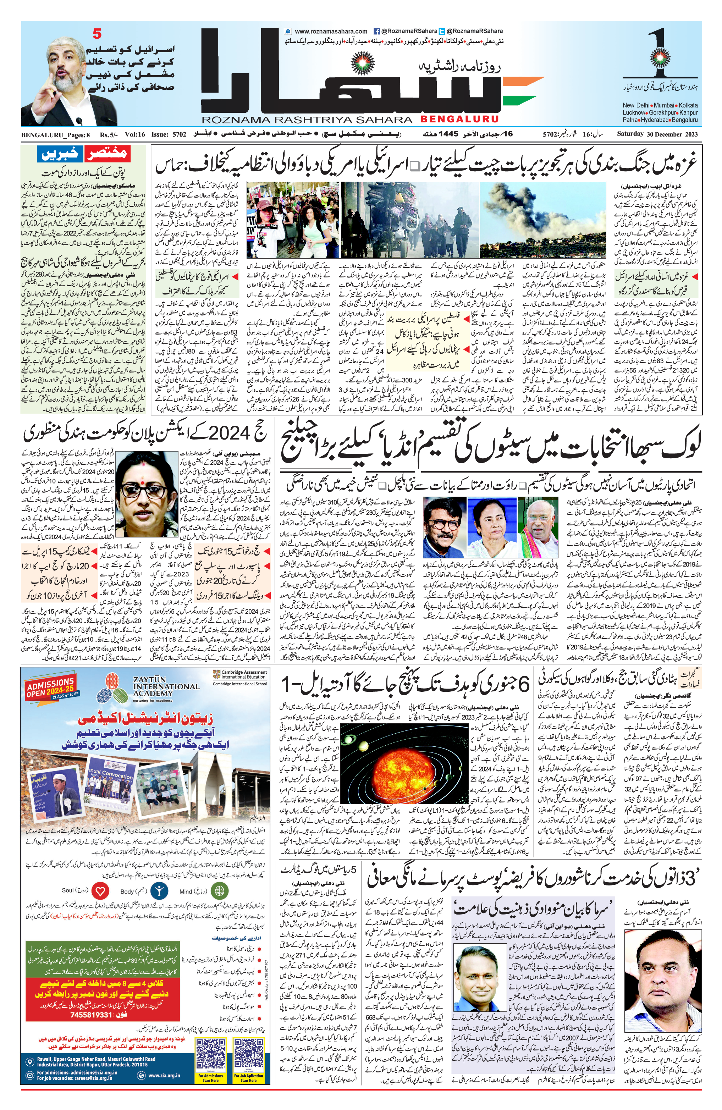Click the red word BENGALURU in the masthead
tap(459, 119)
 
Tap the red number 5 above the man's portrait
tap(97, 34)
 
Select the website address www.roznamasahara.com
tap(331, 31)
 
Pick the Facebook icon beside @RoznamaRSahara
tap(376, 31)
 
